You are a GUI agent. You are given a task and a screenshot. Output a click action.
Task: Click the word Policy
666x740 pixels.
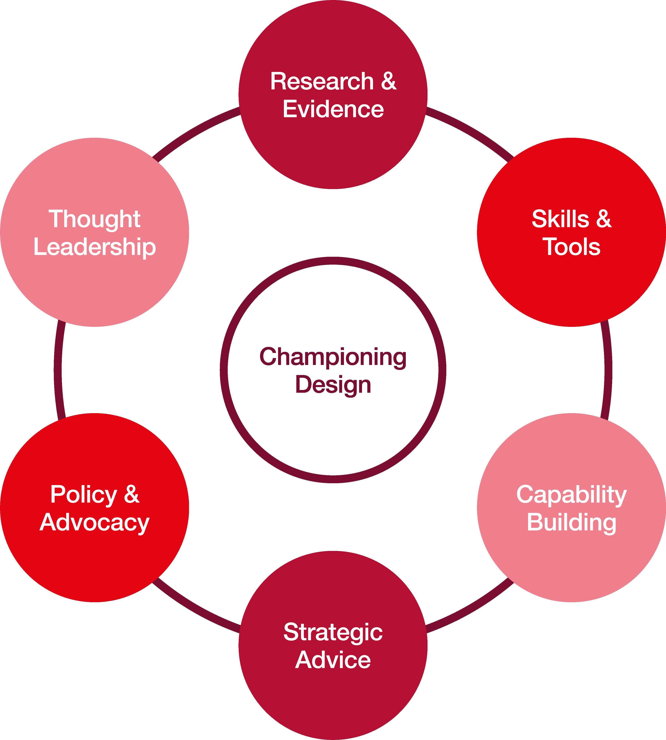point(83,495)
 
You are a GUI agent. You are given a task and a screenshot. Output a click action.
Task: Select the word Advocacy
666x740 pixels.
point(94,523)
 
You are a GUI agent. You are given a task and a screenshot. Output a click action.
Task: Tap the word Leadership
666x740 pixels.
point(94,247)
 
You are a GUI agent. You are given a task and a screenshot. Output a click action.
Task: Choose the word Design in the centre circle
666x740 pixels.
point(333,385)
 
